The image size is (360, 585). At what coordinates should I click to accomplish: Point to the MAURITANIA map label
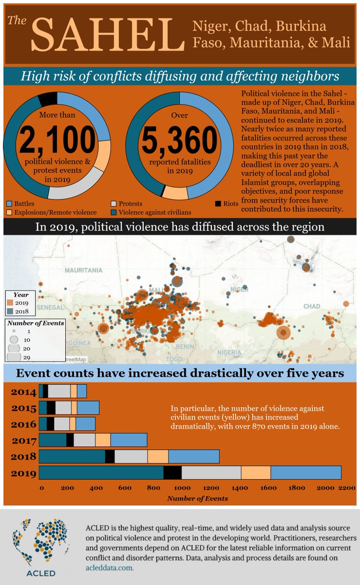point(84,270)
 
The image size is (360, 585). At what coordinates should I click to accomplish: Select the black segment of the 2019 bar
point(172,473)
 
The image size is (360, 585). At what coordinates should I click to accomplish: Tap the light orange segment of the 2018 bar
point(158,456)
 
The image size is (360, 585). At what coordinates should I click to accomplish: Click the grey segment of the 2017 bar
point(84,440)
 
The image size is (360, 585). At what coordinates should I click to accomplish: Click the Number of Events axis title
point(197,499)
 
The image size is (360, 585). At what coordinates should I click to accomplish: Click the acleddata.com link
point(109,568)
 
